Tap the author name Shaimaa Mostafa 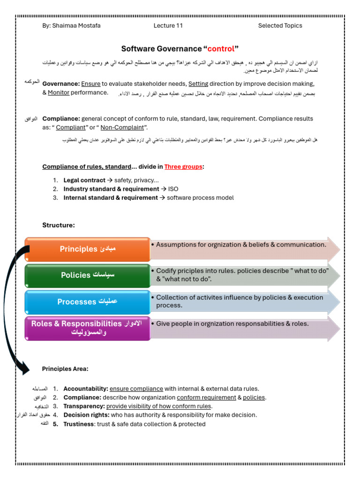(71, 26)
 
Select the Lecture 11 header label (168, 26)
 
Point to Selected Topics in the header (280, 26)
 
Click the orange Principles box (88, 249)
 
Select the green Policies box (88, 275)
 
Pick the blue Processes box (88, 302)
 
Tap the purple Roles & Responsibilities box (88, 328)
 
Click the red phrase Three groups (184, 167)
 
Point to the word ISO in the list (173, 189)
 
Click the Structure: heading (59, 225)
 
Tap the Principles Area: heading (65, 369)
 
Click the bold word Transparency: (84, 406)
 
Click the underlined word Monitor (59, 93)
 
